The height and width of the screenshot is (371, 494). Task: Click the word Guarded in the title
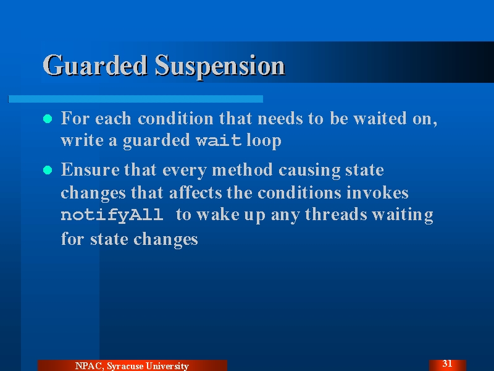coord(95,66)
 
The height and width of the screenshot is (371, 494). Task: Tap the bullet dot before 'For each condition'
coord(48,119)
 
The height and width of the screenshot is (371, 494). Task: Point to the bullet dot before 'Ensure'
coord(48,170)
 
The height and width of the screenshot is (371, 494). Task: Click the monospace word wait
coord(219,140)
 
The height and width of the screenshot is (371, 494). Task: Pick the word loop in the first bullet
coord(264,141)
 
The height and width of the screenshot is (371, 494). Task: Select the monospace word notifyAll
coord(112,215)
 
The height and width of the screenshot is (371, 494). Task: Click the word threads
coord(336,215)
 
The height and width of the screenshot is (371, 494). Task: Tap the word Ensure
coord(90,169)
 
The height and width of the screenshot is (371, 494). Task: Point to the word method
coord(242,169)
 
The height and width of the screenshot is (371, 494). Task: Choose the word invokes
coord(377,192)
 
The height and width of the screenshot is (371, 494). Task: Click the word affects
coord(195,192)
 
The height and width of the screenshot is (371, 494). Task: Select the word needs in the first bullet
coord(280,119)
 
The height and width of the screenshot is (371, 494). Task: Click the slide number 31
coord(447,364)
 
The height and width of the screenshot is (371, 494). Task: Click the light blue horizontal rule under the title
coord(135,99)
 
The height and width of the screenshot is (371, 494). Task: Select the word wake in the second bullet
coord(218,215)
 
